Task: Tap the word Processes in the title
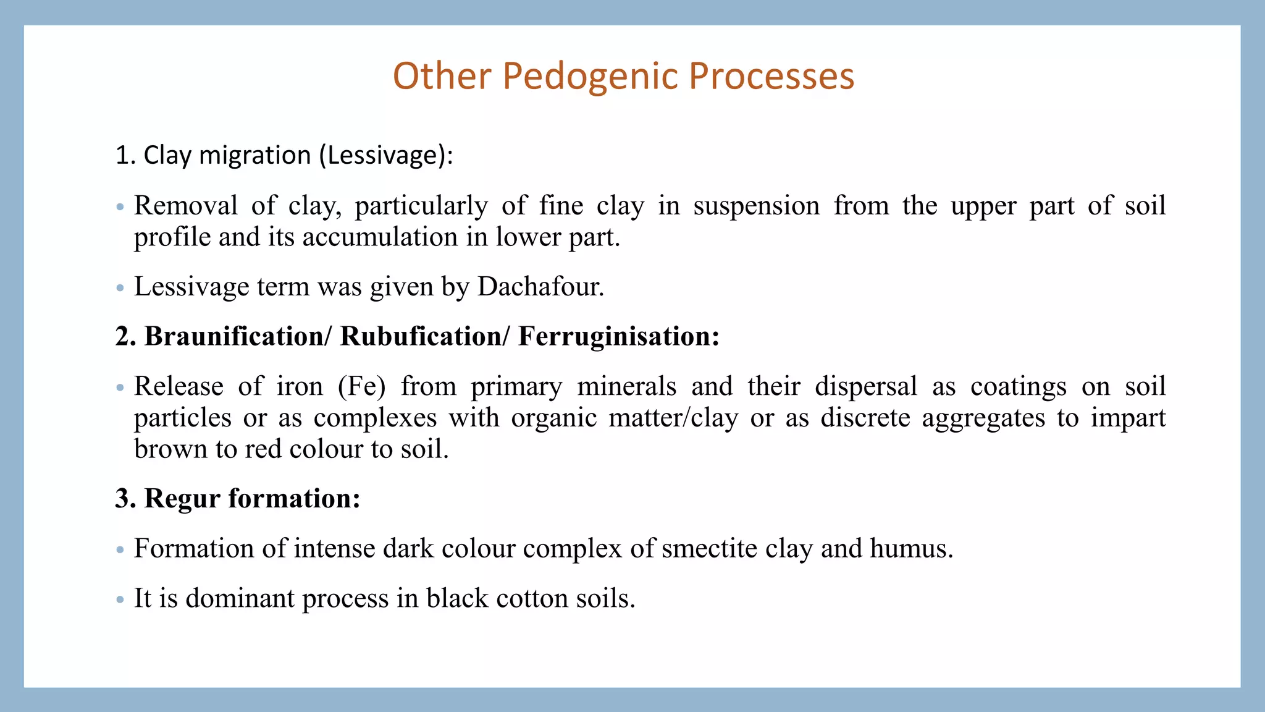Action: [771, 77]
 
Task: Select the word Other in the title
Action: [442, 77]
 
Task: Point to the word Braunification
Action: [234, 336]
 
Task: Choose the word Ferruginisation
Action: [618, 336]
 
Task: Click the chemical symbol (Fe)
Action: [362, 386]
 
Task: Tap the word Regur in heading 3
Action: [182, 498]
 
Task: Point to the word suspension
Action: [756, 205]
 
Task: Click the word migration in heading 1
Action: [255, 155]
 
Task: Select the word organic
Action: [553, 418]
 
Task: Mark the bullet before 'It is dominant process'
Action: [120, 600]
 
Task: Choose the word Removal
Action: [185, 205]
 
